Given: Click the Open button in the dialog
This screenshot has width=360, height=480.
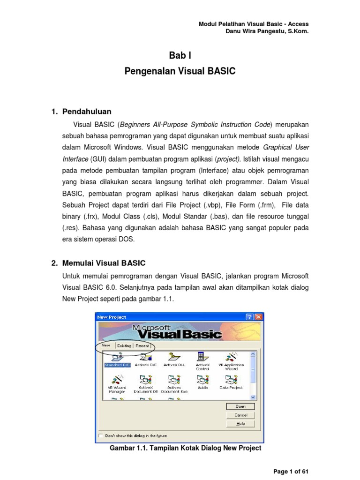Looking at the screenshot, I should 240,406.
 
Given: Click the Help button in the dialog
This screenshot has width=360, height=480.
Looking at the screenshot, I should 240,423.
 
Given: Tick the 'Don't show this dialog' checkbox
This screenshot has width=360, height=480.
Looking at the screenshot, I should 100,435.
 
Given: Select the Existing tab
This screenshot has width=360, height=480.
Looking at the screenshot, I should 124,346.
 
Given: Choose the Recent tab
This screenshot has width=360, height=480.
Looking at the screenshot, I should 142,346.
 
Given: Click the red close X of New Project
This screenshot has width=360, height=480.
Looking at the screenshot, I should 258,317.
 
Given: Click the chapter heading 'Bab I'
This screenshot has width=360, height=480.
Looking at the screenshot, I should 180,56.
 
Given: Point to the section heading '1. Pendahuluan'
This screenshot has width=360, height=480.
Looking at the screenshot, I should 81,112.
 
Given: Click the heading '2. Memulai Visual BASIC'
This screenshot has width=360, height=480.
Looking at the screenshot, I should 98,263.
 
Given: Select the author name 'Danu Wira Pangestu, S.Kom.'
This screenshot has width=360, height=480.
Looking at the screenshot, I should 267,32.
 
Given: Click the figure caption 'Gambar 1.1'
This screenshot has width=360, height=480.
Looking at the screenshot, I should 185,448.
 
